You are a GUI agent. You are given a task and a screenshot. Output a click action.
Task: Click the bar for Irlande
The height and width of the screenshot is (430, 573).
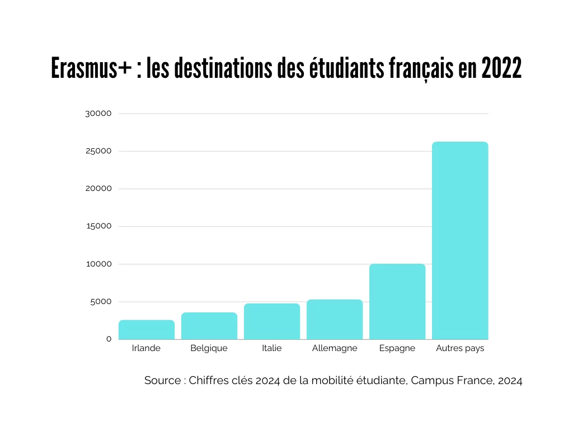[147, 330]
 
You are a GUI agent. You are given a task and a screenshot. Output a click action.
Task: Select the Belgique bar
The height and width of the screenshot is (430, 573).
[209, 326]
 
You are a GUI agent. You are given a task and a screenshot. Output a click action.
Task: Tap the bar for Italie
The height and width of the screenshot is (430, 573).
[272, 321]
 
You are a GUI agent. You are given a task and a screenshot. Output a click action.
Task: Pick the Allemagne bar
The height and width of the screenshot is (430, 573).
[335, 319]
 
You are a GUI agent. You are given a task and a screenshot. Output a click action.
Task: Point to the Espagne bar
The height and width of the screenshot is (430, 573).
[397, 301]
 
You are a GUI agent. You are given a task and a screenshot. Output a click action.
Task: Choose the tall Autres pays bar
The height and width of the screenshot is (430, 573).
[460, 241]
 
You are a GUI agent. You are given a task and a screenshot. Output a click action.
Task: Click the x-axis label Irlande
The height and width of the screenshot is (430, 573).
[146, 348]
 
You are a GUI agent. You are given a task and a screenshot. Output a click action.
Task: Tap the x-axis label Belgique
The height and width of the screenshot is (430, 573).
[209, 348]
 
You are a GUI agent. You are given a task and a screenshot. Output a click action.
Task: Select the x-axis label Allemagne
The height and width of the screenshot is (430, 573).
[335, 348]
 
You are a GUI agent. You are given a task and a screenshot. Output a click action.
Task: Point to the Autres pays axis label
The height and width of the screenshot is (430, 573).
[460, 348]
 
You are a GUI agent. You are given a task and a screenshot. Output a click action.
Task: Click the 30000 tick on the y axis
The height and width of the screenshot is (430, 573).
[98, 114]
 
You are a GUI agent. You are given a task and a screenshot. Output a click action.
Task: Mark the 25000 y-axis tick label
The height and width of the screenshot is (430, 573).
[98, 151]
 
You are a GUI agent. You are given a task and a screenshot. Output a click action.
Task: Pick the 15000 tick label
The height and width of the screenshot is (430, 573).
[98, 226]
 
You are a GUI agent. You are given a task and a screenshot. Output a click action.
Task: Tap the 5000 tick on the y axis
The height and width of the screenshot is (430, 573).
[101, 302]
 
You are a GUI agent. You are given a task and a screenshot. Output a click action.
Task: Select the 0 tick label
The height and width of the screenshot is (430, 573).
[109, 339]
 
